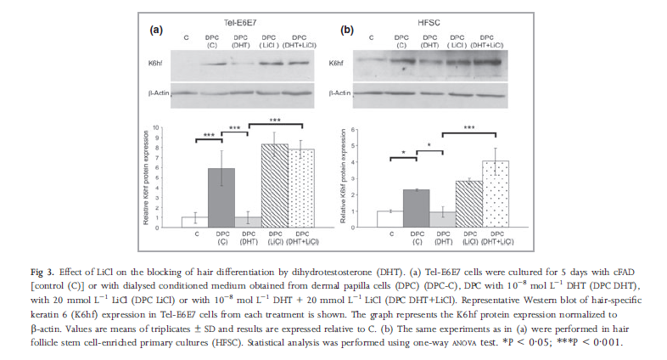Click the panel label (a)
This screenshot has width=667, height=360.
click(x=156, y=29)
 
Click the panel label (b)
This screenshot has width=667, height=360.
click(x=347, y=29)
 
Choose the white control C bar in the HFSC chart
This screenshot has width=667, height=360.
click(x=390, y=219)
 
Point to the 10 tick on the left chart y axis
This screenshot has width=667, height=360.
click(x=176, y=128)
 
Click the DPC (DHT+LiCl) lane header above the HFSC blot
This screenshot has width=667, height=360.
click(x=487, y=40)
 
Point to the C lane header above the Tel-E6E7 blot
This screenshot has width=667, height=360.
click(x=186, y=37)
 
